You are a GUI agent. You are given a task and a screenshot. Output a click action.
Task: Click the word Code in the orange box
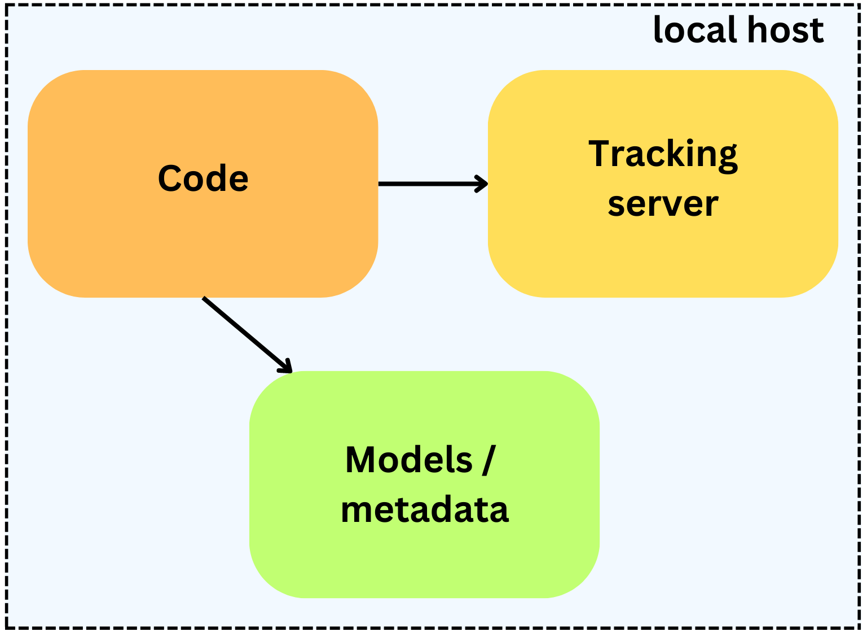tap(203, 178)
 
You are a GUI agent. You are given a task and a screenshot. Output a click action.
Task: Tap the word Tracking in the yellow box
tap(663, 154)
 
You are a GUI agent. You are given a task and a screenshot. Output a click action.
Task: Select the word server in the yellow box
tap(663, 204)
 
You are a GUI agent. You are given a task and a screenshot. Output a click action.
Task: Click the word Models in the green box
tap(408, 460)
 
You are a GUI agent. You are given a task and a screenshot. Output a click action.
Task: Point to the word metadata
tap(425, 509)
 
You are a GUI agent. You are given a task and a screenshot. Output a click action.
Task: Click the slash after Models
tap(489, 460)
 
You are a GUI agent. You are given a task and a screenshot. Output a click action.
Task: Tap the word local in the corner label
tap(686, 30)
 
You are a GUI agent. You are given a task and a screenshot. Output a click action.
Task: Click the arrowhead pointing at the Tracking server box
tap(483, 184)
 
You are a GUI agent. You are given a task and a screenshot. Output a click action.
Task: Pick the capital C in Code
tap(171, 178)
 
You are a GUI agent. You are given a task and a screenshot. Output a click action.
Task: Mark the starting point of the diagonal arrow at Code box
tap(204, 298)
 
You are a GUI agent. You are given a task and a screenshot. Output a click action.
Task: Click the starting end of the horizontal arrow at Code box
tap(380, 184)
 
